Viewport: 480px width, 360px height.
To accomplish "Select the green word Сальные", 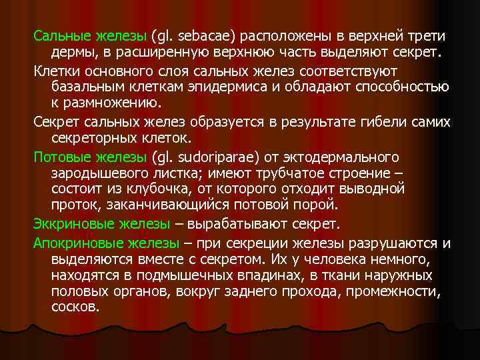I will (59, 35).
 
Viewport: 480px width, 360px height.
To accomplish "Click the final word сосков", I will (75, 307).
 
